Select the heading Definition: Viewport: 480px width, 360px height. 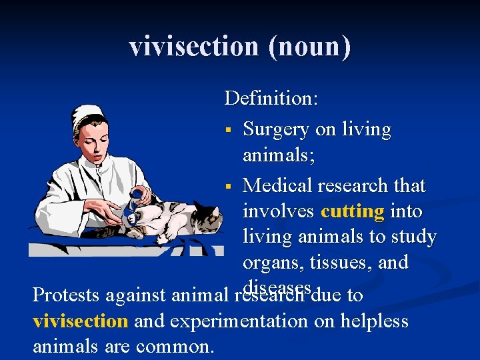(x=271, y=99)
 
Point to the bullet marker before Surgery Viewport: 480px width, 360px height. (x=228, y=129)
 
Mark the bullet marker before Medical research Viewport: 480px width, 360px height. (x=228, y=185)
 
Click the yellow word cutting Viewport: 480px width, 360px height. (x=352, y=211)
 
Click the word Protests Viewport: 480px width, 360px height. (x=65, y=295)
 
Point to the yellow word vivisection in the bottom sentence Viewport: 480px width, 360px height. (x=80, y=321)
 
